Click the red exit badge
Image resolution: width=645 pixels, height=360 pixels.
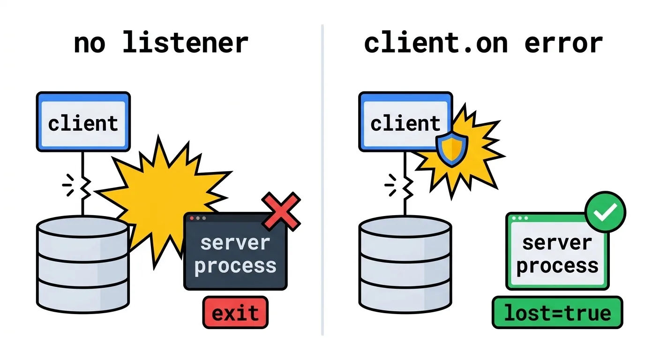click(235, 312)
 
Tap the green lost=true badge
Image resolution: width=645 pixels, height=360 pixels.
click(557, 313)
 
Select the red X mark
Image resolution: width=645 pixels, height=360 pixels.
click(281, 211)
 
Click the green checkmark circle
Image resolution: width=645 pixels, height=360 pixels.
click(606, 212)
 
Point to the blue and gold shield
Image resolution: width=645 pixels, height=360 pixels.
click(452, 149)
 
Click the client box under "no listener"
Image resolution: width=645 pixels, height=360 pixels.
click(83, 121)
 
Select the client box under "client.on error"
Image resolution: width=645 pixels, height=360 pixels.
click(405, 121)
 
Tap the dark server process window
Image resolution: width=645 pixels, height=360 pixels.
click(235, 251)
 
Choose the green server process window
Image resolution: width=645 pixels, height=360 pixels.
click(557, 251)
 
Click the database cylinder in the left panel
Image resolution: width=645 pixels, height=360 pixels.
click(83, 264)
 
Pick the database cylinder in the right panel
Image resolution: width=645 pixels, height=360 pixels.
click(405, 264)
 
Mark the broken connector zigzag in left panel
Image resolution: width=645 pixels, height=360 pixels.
click(85, 187)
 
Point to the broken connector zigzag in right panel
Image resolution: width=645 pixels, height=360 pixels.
click(407, 187)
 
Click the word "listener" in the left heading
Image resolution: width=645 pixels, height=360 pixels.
click(186, 43)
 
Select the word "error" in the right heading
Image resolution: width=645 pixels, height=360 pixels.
click(563, 44)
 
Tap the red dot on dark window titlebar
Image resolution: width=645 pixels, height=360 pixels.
click(192, 218)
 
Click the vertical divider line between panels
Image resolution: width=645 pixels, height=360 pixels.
click(322, 180)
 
